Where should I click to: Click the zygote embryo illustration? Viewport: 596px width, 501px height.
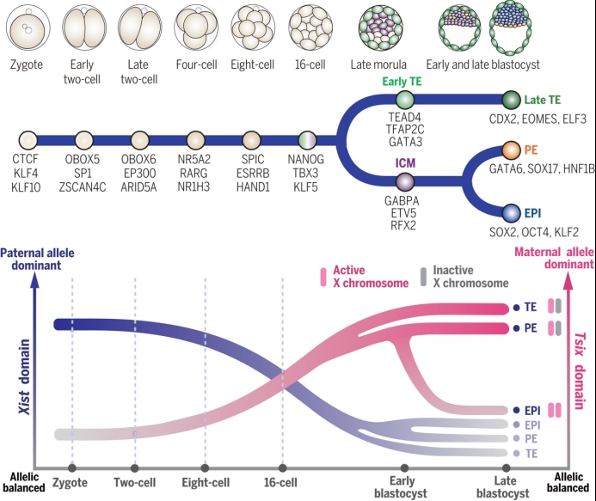tap(28, 28)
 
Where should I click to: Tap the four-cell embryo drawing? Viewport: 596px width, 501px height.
tap(196, 27)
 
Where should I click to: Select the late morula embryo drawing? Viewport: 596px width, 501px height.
tap(380, 28)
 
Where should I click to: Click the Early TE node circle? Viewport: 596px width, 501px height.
tap(405, 100)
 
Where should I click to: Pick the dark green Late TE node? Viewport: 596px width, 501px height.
tap(511, 100)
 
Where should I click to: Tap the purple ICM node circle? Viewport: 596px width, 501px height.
tap(405, 181)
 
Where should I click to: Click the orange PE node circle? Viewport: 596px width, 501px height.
tap(511, 150)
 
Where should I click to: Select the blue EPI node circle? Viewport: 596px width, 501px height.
tap(511, 213)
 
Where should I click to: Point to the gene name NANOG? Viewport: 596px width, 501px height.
tap(306, 159)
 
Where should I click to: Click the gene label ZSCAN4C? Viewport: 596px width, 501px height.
tap(83, 187)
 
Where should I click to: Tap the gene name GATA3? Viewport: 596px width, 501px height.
tap(405, 142)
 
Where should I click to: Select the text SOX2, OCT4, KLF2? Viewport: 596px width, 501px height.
tap(534, 232)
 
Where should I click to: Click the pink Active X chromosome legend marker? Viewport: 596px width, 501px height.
tap(323, 277)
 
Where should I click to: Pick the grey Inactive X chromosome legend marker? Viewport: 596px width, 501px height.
tap(423, 277)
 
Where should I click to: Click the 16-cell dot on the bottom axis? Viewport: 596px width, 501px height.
tap(282, 468)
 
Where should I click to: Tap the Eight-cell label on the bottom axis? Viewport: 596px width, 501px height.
tap(206, 482)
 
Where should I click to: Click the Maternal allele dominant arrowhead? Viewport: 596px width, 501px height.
tap(568, 283)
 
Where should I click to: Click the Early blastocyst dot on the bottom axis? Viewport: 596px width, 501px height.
tap(404, 468)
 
